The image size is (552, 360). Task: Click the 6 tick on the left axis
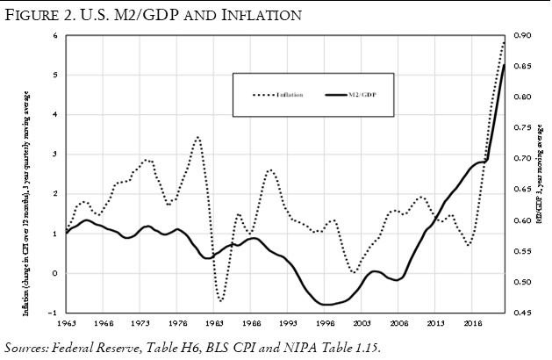point(54,35)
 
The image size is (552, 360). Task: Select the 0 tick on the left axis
point(54,273)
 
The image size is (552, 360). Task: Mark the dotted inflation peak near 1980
point(198,137)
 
